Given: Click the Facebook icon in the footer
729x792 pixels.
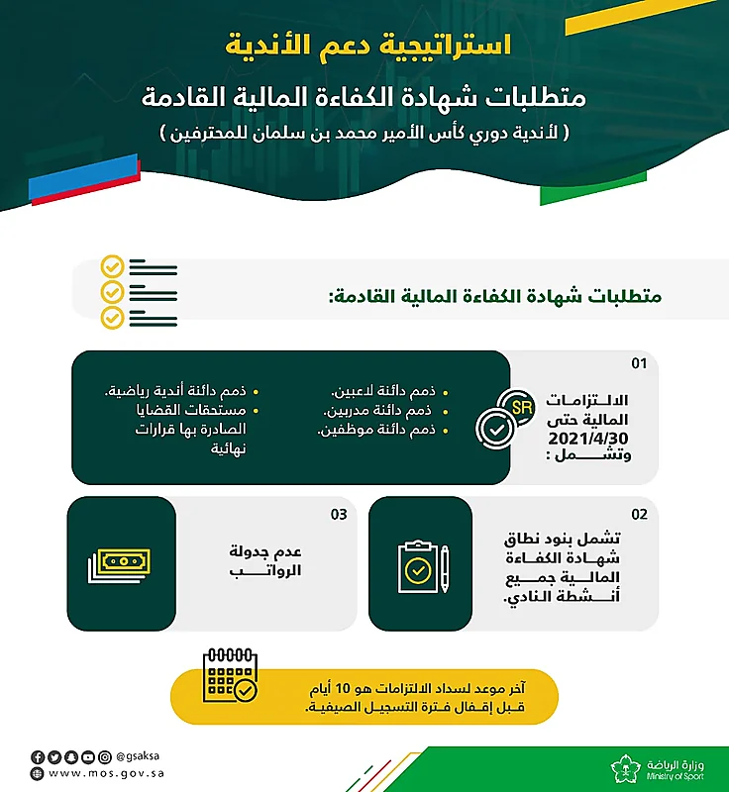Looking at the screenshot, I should coord(37,756).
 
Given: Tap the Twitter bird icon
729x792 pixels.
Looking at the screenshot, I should coord(53,756).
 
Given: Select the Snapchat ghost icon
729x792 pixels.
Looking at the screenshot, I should coord(70,756).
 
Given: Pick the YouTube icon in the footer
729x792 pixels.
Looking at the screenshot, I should coord(88,756).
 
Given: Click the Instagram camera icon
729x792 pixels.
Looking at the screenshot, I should coord(105,756).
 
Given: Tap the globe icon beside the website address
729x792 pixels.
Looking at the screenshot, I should coord(37,773).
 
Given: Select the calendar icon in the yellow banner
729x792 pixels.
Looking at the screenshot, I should coord(229,675).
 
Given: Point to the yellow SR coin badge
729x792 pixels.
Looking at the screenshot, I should coord(516,406).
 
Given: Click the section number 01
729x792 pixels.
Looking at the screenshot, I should coord(639,363).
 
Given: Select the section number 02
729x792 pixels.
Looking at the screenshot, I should coord(639,514).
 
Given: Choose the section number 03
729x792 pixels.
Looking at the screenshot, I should coord(339,514).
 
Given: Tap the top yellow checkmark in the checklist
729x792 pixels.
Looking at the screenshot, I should coord(112,267).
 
